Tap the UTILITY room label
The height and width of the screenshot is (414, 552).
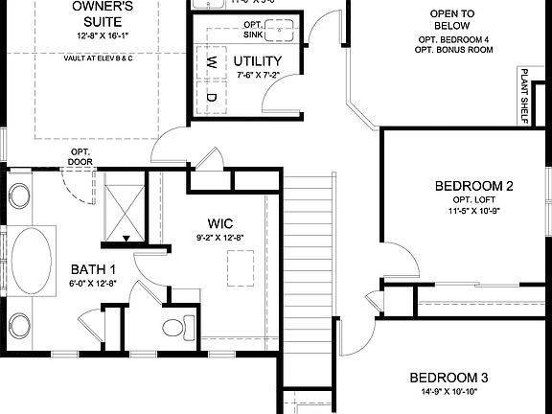(x=257, y=61)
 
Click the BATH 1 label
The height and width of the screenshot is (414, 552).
(x=92, y=269)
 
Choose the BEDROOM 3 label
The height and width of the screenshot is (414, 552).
(x=449, y=378)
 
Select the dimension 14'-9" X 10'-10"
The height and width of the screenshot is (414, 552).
(x=449, y=392)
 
